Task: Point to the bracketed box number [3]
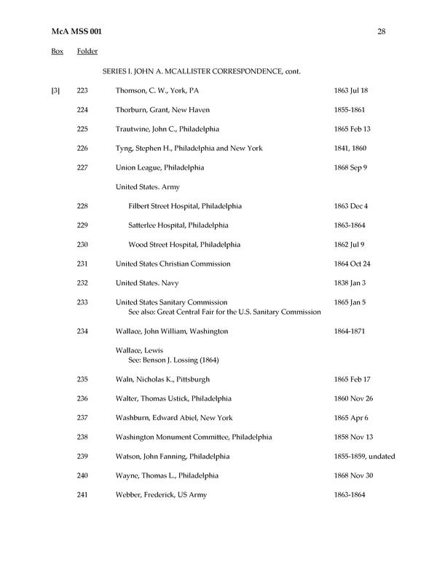55,90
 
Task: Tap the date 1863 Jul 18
350,90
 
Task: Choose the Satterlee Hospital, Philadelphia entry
178,225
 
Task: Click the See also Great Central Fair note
224,312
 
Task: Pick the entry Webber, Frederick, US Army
161,495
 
